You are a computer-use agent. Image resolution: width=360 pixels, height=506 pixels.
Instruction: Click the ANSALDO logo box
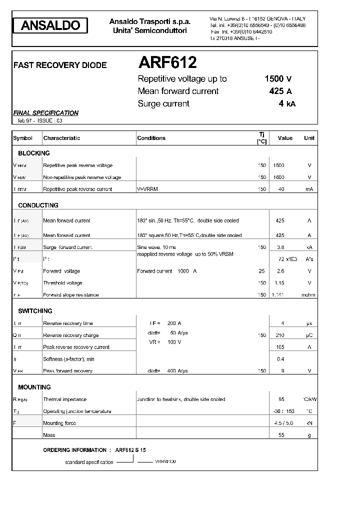point(50,25)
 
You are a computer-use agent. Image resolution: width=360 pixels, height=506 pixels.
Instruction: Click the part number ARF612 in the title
point(167,62)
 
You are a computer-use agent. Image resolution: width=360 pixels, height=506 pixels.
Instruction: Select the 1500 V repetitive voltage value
point(278,78)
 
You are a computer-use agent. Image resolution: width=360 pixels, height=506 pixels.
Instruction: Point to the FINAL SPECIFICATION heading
point(45,113)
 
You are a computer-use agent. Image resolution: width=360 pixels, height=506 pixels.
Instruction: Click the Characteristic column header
point(61,138)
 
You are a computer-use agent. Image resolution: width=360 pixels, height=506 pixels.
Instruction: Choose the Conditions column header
point(151,138)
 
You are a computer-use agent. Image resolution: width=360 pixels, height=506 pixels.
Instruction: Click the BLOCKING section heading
point(34,153)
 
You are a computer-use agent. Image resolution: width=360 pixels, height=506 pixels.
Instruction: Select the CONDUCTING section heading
point(38,205)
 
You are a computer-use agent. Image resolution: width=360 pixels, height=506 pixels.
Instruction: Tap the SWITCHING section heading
point(35,311)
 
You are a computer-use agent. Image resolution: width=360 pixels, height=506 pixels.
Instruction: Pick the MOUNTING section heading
point(34,387)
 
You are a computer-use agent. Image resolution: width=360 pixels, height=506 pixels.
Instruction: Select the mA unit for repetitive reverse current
point(309,189)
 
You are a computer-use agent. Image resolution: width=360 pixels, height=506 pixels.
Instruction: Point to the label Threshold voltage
point(62,283)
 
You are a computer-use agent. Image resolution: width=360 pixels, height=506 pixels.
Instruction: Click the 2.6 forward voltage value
point(280,271)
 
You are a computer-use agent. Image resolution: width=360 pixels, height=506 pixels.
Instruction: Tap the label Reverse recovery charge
point(71,335)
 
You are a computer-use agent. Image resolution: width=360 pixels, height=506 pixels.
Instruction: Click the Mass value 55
point(280,435)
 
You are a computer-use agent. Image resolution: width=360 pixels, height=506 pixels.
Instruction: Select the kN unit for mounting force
point(309,423)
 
